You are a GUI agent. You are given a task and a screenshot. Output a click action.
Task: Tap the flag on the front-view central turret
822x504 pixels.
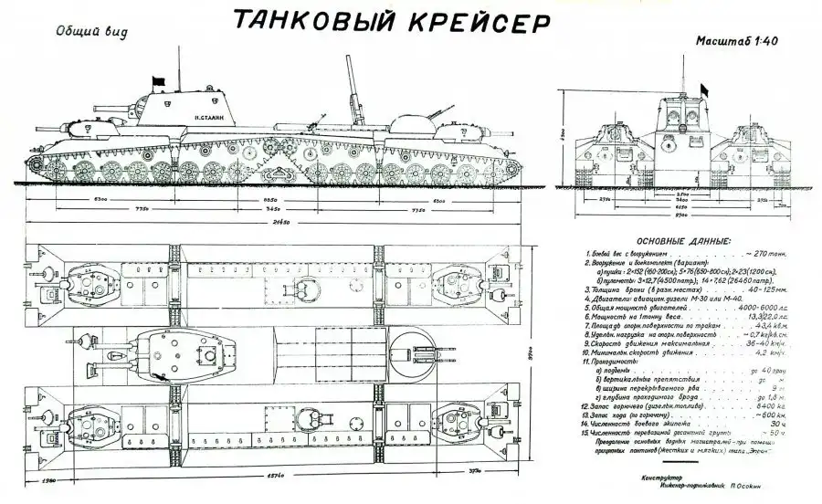click(703, 89)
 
